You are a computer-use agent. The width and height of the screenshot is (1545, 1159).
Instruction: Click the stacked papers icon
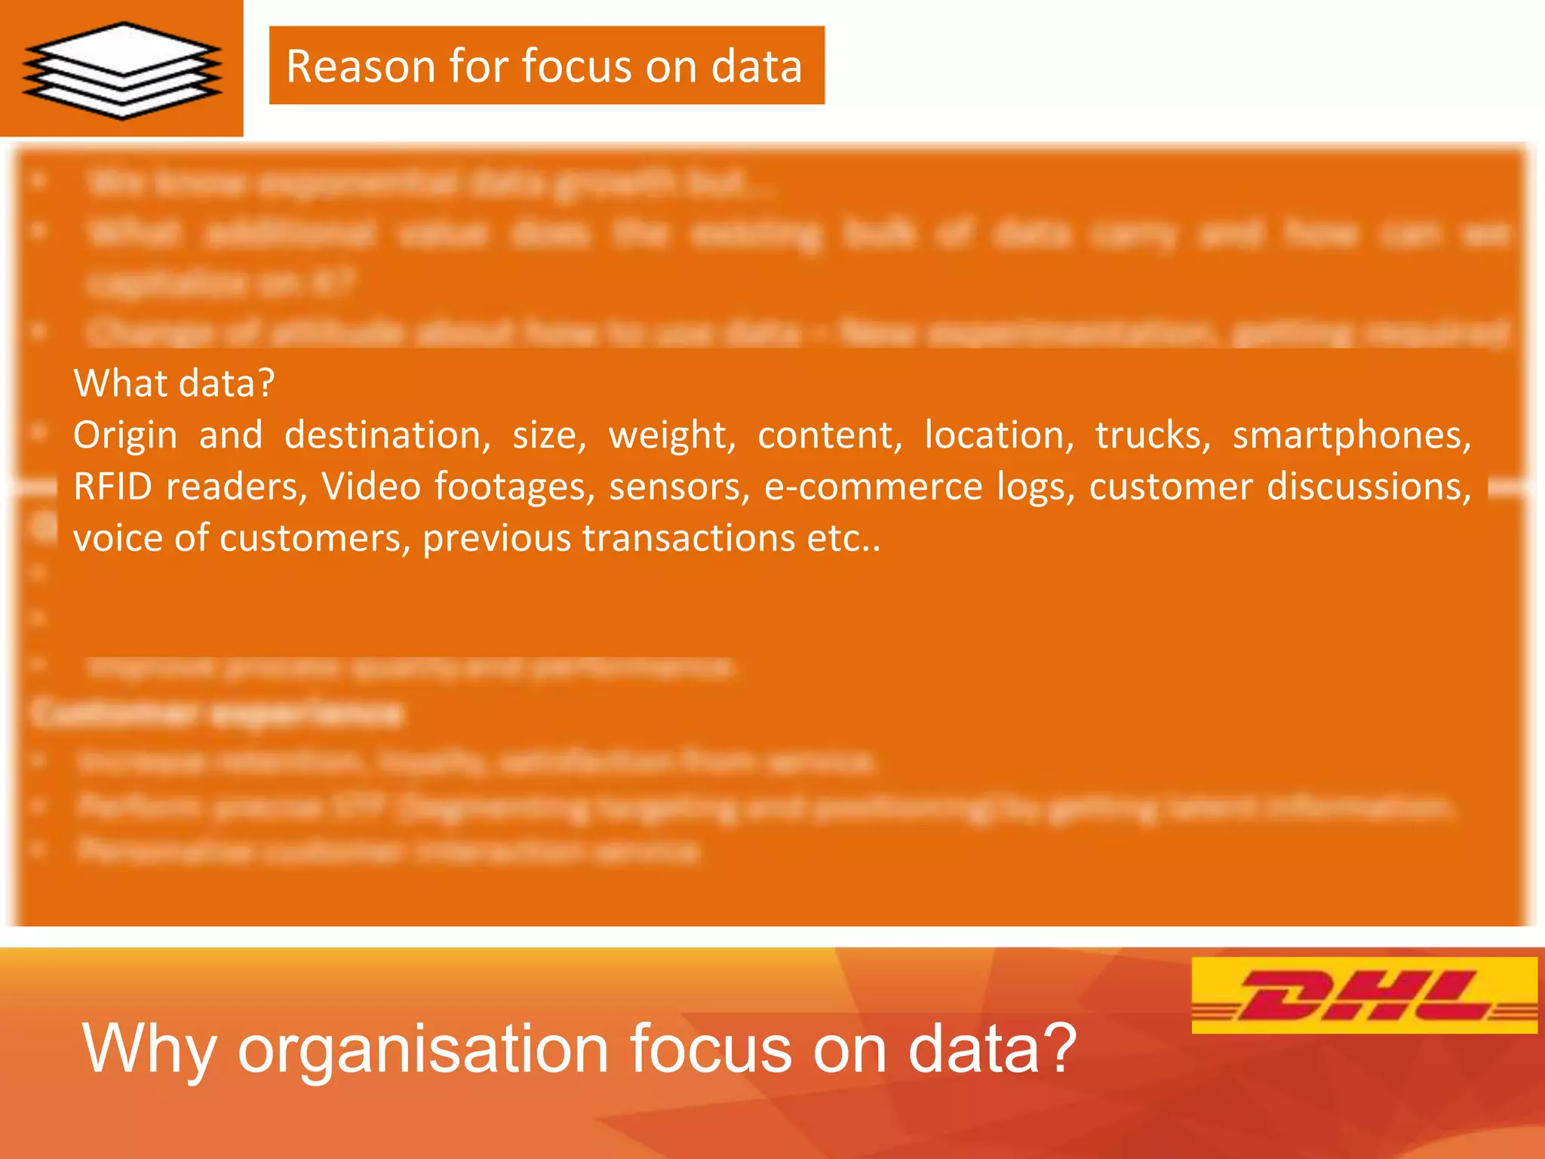coord(122,69)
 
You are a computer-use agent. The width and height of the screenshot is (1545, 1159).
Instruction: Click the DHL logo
coord(1364,995)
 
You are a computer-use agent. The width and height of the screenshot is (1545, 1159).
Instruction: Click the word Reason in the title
coord(359,66)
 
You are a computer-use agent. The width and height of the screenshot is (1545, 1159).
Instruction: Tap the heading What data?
coord(174,383)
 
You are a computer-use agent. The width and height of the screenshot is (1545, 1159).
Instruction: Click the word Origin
coord(125,436)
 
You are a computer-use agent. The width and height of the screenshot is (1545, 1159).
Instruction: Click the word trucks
coord(1153,436)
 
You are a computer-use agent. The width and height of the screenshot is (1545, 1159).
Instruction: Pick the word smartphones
coord(1351,436)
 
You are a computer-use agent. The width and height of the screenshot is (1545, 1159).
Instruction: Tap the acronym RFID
coord(113,487)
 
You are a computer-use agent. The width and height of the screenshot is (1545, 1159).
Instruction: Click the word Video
coord(371,487)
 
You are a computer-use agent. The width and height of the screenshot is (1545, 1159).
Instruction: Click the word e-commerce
coord(874,487)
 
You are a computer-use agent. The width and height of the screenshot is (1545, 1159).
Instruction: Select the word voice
coord(117,538)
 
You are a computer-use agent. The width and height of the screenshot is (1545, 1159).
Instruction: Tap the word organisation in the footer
coord(423,1048)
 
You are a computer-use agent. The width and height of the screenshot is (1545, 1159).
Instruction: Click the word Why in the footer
coord(150,1048)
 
